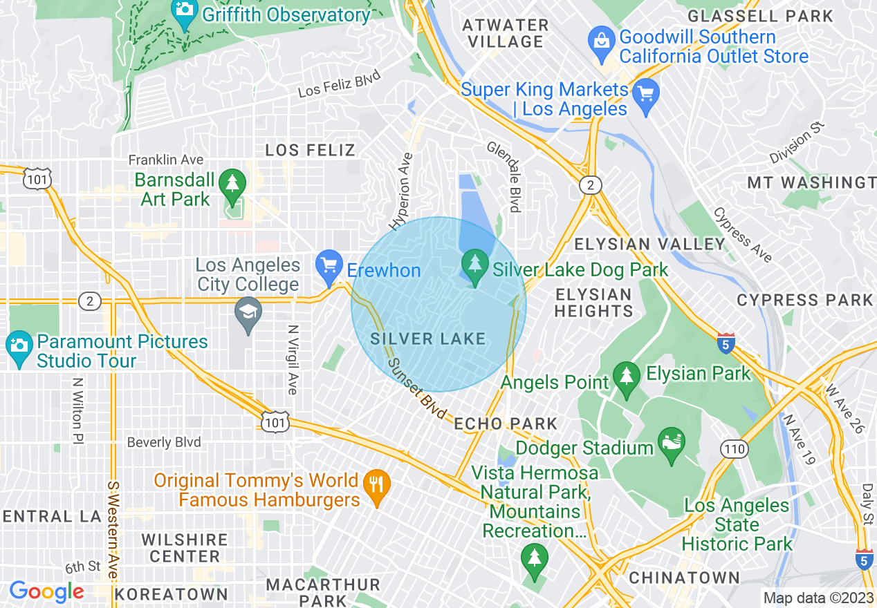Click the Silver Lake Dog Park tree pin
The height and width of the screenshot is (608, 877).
474,265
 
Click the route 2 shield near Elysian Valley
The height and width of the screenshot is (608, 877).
590,185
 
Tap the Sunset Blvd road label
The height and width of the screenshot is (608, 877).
416,388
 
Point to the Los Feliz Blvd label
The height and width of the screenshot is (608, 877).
339,86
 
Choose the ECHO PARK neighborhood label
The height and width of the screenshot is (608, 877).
506,424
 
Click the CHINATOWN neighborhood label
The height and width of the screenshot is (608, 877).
684,578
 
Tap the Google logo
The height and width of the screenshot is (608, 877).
46,591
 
